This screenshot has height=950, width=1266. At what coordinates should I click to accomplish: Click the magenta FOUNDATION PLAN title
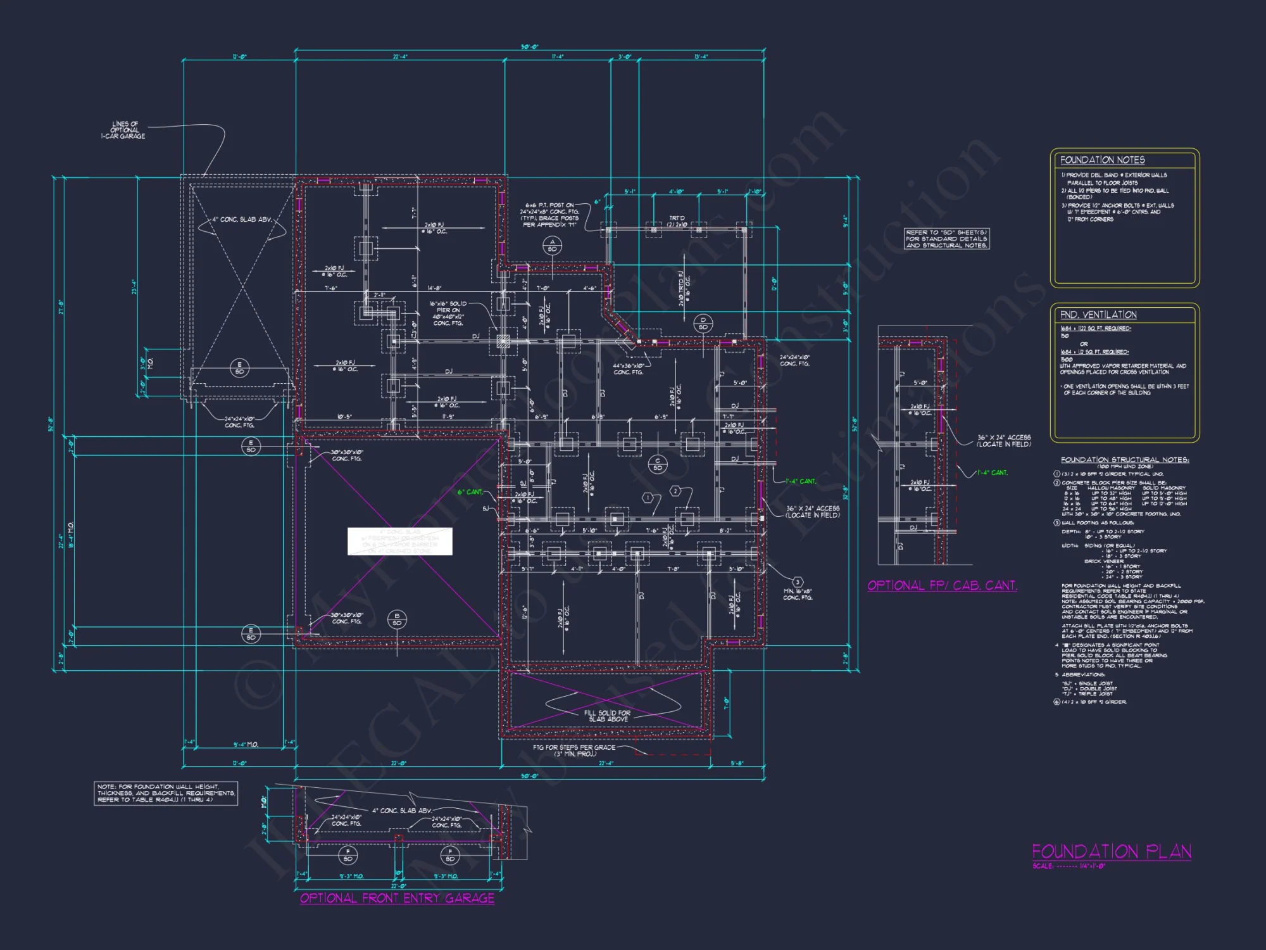click(x=1112, y=851)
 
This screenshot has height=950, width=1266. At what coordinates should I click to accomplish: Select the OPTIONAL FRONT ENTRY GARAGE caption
click(x=397, y=898)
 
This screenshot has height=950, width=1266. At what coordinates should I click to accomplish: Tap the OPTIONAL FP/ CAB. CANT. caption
click(x=942, y=585)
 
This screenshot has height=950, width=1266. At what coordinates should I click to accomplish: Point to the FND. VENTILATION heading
click(x=1098, y=315)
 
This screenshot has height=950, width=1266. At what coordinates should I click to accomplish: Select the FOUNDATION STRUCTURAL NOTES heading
click(x=1125, y=460)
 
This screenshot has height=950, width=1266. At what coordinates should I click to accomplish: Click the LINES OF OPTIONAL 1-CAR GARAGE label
click(x=123, y=130)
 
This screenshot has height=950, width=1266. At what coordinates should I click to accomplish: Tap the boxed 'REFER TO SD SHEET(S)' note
click(x=946, y=239)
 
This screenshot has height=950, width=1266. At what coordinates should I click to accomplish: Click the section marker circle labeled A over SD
click(x=552, y=246)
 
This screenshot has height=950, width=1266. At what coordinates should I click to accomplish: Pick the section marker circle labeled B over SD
click(x=397, y=619)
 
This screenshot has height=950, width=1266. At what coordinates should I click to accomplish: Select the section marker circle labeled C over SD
click(x=658, y=464)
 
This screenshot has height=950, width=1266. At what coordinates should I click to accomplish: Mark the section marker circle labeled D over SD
click(x=703, y=323)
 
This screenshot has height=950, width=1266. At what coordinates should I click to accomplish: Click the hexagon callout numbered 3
click(x=798, y=581)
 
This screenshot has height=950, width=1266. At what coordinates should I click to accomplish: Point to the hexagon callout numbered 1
click(x=647, y=498)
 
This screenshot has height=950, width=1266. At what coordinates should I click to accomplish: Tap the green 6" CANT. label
click(x=470, y=491)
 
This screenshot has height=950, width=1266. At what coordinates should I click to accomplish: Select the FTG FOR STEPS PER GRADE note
click(x=574, y=750)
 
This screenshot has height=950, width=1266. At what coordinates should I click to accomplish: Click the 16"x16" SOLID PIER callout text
click(x=448, y=313)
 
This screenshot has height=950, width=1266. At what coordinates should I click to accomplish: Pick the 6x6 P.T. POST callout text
click(x=551, y=215)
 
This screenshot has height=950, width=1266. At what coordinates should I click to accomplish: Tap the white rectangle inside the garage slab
click(x=399, y=541)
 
